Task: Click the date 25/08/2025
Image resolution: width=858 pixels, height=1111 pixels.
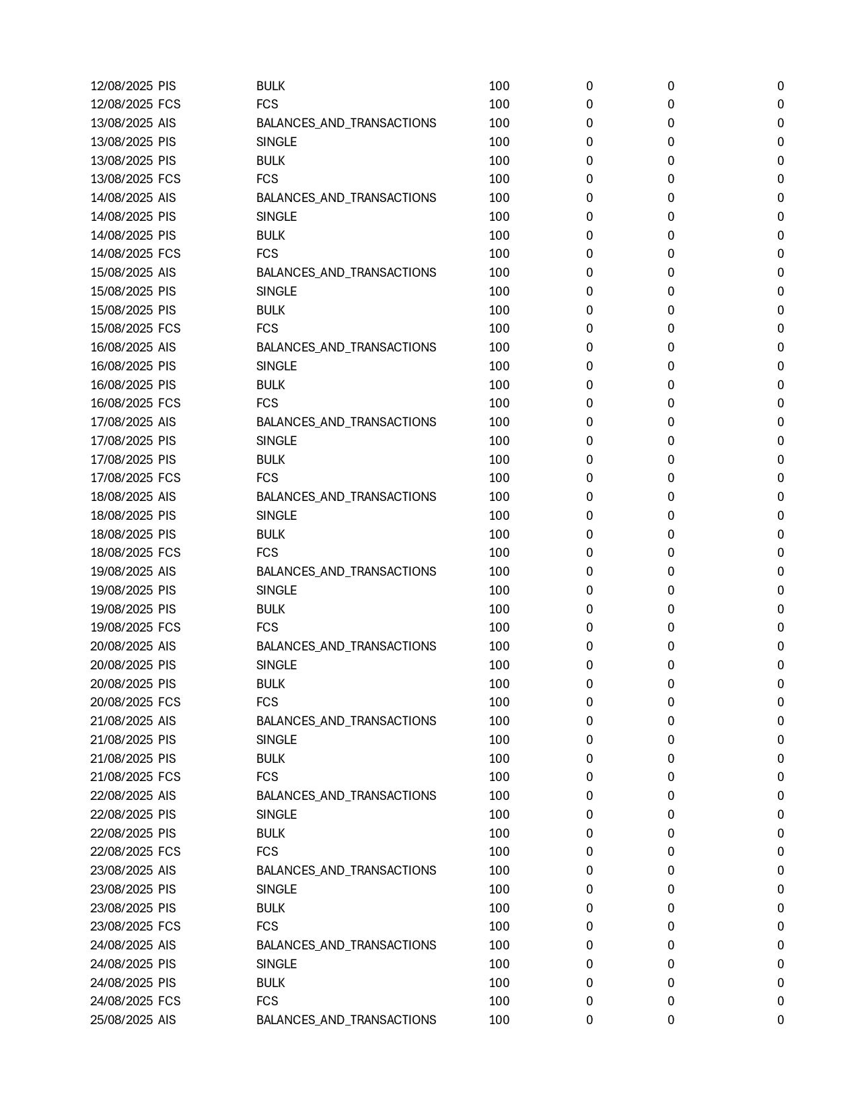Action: (122, 1020)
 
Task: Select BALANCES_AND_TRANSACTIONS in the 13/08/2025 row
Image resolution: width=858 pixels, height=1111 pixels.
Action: (346, 123)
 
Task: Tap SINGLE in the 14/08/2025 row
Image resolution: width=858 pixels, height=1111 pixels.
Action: (277, 217)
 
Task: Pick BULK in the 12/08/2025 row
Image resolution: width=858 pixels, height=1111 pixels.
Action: (271, 86)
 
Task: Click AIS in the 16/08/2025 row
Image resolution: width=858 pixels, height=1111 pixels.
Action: (167, 347)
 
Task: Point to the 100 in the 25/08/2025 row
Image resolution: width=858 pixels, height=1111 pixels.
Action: (499, 1020)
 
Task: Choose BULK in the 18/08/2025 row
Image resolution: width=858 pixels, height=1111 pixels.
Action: (271, 535)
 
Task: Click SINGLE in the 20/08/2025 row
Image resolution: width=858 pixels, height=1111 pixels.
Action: (277, 665)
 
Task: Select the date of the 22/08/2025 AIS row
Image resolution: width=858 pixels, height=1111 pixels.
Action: (122, 796)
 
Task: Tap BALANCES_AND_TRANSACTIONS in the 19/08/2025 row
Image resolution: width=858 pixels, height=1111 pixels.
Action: (346, 572)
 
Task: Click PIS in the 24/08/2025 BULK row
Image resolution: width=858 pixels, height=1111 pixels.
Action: (167, 983)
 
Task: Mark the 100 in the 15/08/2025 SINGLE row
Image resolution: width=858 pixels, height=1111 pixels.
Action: (499, 292)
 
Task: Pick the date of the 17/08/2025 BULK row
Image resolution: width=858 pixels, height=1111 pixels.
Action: (122, 460)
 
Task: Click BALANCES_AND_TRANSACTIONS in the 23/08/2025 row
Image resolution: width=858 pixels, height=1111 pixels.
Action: (346, 871)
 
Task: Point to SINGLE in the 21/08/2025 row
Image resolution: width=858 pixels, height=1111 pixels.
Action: (277, 740)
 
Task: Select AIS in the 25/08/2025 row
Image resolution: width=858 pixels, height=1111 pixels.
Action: (167, 1020)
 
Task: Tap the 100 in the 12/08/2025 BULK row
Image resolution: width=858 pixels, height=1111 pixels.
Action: (499, 86)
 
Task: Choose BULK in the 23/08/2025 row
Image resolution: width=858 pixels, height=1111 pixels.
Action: (271, 908)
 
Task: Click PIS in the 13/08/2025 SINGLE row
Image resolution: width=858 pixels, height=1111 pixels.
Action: (167, 142)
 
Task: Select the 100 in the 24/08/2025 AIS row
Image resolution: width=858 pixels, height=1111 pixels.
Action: (499, 945)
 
